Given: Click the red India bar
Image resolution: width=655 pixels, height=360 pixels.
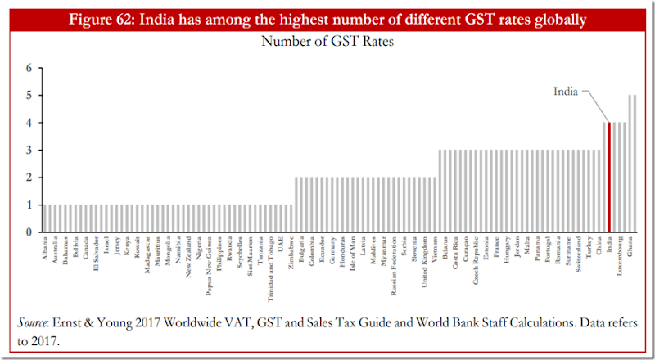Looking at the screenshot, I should [610, 177].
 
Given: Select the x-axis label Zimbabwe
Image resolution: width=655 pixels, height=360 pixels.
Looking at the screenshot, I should [291, 254].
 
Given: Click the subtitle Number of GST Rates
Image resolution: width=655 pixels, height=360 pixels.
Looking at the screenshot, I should [327, 42].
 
